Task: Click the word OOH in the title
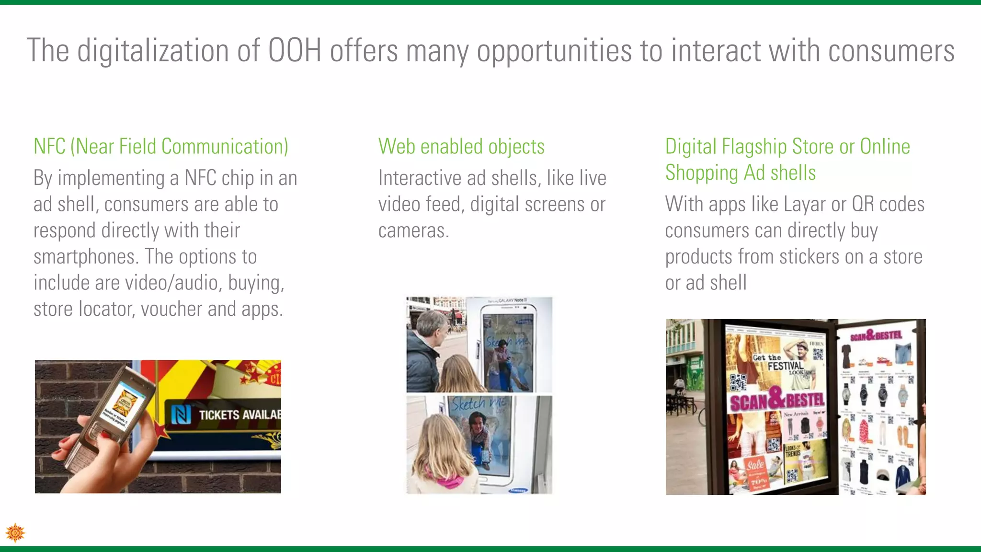click(294, 50)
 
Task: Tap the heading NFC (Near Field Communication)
click(161, 147)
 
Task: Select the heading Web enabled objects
click(461, 147)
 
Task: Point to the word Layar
click(805, 205)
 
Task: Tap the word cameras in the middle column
click(413, 231)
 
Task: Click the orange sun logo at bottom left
click(15, 532)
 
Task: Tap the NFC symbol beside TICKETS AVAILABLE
click(181, 414)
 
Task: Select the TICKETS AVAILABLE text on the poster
click(240, 414)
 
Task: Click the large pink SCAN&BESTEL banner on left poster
click(777, 401)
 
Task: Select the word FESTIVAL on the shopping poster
click(786, 366)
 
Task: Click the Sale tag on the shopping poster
click(755, 464)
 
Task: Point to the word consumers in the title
click(891, 50)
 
